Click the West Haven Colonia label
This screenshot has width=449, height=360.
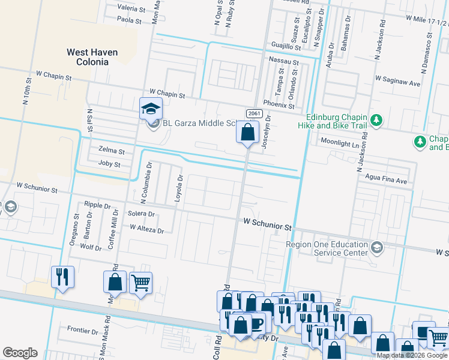coord(92,57)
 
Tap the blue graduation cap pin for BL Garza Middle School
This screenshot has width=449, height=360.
coord(151,109)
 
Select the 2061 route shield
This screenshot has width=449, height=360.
coord(252,113)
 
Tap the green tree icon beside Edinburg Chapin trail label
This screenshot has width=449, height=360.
coord(376,121)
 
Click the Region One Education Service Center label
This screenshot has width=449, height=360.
coord(327,248)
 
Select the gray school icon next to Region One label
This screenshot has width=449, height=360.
coord(376,248)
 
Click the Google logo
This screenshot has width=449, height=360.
coord(20,353)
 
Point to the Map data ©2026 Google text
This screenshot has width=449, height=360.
coord(412,355)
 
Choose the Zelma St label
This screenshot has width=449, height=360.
coord(112,151)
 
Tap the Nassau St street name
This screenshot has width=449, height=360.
coord(284,61)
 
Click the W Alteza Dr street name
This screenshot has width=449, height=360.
coord(146,229)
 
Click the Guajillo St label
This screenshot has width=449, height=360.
coord(286,46)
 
